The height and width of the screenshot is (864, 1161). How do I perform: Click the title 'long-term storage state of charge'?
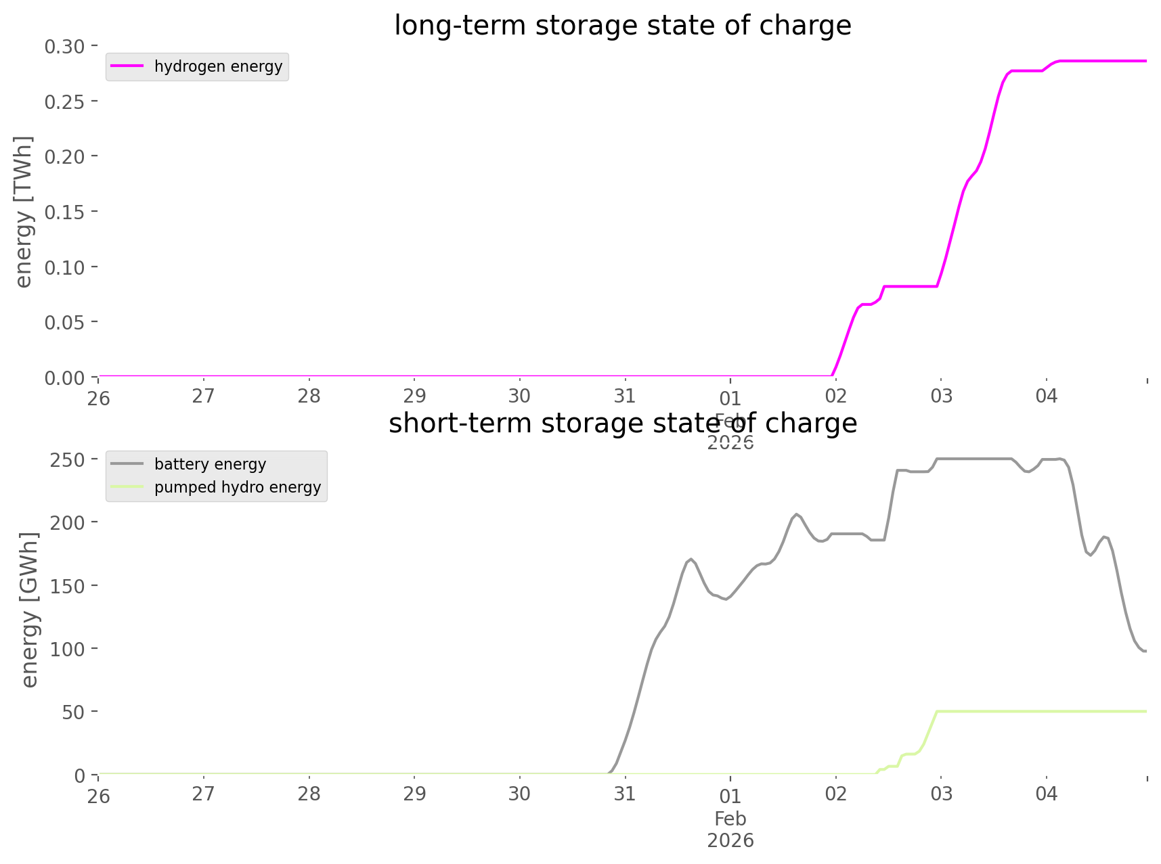pos(622,26)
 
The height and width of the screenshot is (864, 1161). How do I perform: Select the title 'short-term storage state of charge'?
pos(622,424)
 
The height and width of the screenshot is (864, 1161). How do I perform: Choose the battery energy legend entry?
pos(210,464)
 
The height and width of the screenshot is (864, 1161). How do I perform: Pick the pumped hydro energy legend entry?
pos(237,487)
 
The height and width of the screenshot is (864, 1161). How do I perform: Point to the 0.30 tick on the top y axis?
pos(64,46)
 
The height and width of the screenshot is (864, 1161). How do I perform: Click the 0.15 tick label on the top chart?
pos(64,212)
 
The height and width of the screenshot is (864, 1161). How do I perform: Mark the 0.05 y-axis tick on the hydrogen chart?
pos(64,322)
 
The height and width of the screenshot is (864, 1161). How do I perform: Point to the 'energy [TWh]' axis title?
pos(23,212)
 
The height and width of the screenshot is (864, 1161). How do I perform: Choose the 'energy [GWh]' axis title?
pos(29,610)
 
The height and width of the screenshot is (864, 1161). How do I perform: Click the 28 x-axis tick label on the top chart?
pos(309,396)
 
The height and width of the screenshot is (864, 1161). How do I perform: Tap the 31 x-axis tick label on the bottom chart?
pos(624,794)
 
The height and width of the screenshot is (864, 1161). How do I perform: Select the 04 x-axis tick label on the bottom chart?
pos(1046,794)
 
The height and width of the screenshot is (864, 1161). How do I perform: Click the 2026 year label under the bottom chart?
pos(730,840)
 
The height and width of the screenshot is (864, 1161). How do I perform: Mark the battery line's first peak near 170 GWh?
pos(690,559)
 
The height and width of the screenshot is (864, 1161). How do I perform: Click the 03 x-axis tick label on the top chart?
pos(941,396)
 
